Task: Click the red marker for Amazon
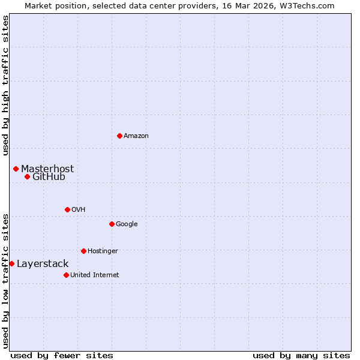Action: (119, 136)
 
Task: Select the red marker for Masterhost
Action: (16, 169)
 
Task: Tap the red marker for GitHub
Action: (27, 176)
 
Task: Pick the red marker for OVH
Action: (67, 209)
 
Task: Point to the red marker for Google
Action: (112, 224)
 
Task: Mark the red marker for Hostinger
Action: (83, 251)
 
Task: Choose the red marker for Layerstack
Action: (11, 263)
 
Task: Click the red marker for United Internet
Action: (66, 275)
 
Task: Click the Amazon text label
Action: (136, 136)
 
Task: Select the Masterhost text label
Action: (47, 169)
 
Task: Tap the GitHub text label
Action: (49, 176)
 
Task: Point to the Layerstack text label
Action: (43, 263)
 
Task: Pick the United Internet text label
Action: (94, 275)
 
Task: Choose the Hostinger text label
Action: (103, 251)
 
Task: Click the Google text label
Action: (127, 224)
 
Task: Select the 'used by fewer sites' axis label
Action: (62, 355)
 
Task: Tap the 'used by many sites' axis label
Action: (301, 355)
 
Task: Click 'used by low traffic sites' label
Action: (5, 281)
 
